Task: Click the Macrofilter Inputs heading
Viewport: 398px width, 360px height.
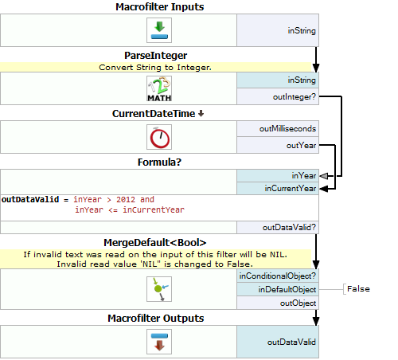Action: tap(159, 7)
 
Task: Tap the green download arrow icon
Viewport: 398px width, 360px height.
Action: tap(159, 30)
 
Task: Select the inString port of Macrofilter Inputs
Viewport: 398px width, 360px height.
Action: tap(278, 30)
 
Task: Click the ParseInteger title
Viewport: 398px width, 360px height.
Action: tap(156, 56)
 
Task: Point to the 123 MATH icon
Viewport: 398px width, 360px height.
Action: tap(159, 88)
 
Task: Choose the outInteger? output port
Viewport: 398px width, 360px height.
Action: tap(278, 96)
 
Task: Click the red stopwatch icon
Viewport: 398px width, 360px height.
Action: tap(159, 137)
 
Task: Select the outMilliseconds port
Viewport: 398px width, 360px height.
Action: tap(278, 129)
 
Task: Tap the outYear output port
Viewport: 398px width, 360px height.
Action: tap(278, 145)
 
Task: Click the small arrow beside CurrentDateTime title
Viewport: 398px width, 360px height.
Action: tap(201, 114)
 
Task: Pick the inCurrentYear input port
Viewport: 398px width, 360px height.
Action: tap(278, 189)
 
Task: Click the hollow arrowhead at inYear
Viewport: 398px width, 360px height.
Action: tap(324, 176)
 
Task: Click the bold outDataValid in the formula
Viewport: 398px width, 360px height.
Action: tap(30, 200)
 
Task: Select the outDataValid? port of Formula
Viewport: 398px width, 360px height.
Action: tap(278, 228)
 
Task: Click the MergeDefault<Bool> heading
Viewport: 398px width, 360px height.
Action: tap(155, 243)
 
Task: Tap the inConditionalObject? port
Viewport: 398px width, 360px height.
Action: tap(278, 276)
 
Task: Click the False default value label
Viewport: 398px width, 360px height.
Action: tap(358, 289)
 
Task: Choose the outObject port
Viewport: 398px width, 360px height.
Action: tap(278, 303)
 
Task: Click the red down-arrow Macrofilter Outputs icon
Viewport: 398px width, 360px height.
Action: tap(159, 342)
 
